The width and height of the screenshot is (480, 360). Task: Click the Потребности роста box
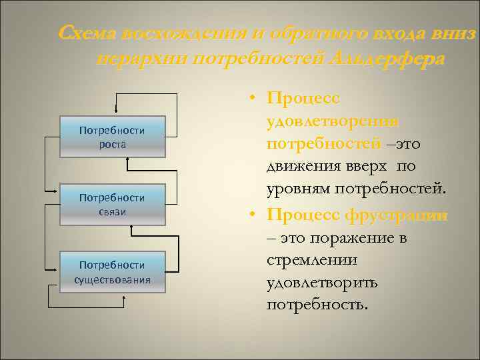click(x=111, y=137)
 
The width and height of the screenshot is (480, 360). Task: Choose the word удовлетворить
click(x=321, y=283)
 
